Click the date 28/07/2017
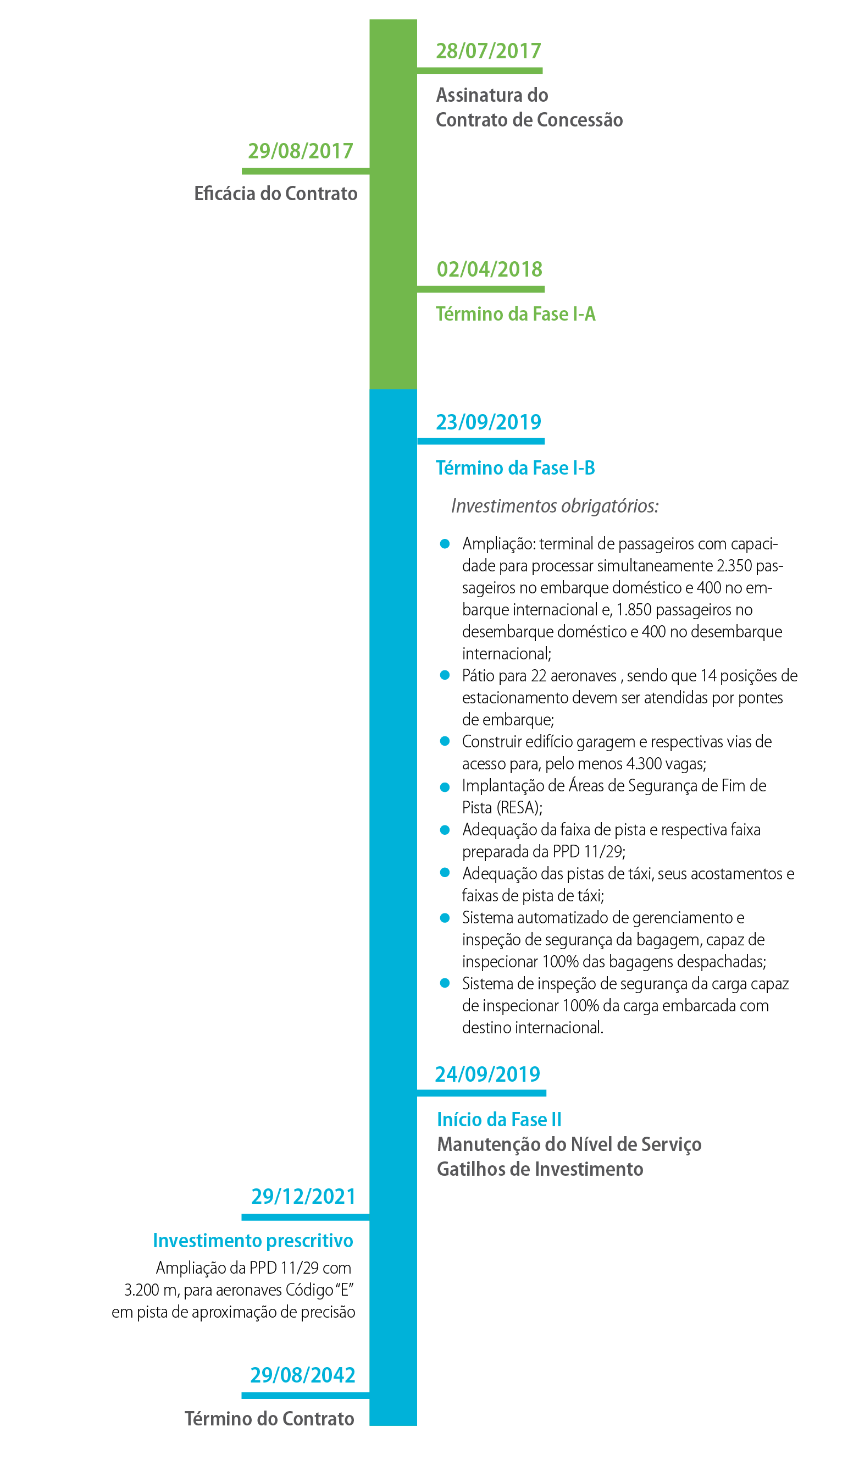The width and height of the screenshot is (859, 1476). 489,52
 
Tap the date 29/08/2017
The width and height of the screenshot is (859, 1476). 301,151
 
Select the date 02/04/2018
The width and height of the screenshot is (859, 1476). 490,269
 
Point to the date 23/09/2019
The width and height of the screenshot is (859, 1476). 489,422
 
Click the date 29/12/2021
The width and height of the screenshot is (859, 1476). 303,1196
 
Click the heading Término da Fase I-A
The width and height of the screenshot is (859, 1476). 516,314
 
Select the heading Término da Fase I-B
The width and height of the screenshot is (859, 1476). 516,468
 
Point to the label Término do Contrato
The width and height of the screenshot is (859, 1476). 269,1419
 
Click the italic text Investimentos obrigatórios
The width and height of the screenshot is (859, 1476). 555,506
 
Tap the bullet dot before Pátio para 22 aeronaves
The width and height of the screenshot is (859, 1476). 445,675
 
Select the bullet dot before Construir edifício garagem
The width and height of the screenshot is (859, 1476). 445,741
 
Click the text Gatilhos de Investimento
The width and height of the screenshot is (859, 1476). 540,1169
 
